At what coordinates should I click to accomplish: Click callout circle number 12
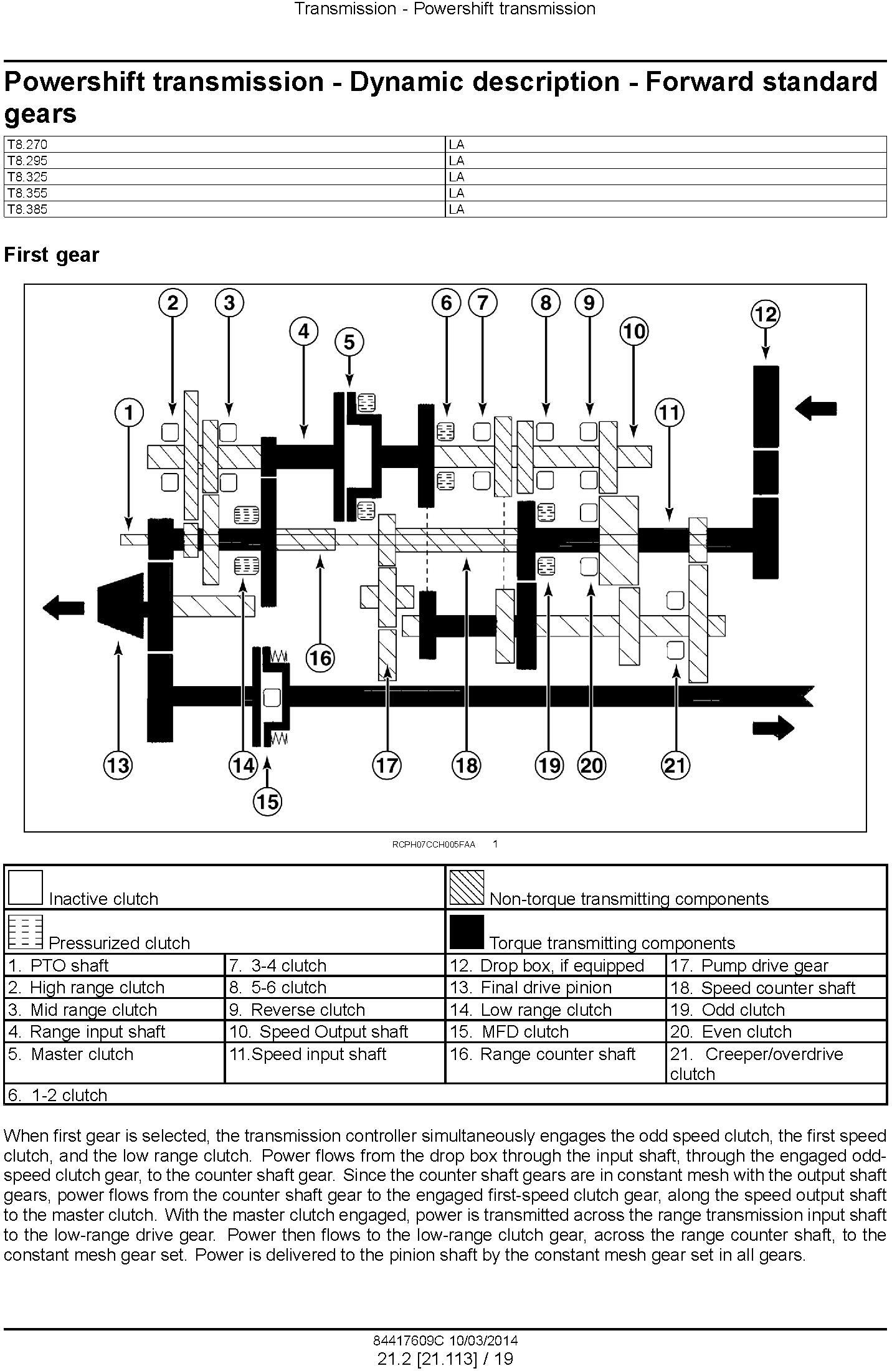[x=765, y=313]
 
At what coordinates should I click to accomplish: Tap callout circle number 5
[x=349, y=342]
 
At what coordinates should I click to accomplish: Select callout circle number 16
[x=320, y=658]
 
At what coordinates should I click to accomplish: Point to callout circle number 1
[x=129, y=413]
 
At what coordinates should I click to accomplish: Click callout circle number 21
[x=676, y=765]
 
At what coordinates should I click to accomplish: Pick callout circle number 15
[x=267, y=801]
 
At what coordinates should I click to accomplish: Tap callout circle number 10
[x=633, y=331]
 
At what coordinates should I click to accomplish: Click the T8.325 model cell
[x=225, y=177]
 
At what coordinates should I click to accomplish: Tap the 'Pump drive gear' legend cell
[x=776, y=966]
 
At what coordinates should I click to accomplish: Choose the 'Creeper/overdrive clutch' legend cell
[x=776, y=1064]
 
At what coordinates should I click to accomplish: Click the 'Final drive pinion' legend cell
[x=556, y=988]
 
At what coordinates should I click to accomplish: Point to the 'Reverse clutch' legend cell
[x=335, y=1010]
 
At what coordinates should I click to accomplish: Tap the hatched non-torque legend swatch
[x=467, y=887]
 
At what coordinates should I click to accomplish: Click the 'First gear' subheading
[x=52, y=255]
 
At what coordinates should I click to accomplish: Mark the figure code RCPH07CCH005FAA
[x=434, y=844]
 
